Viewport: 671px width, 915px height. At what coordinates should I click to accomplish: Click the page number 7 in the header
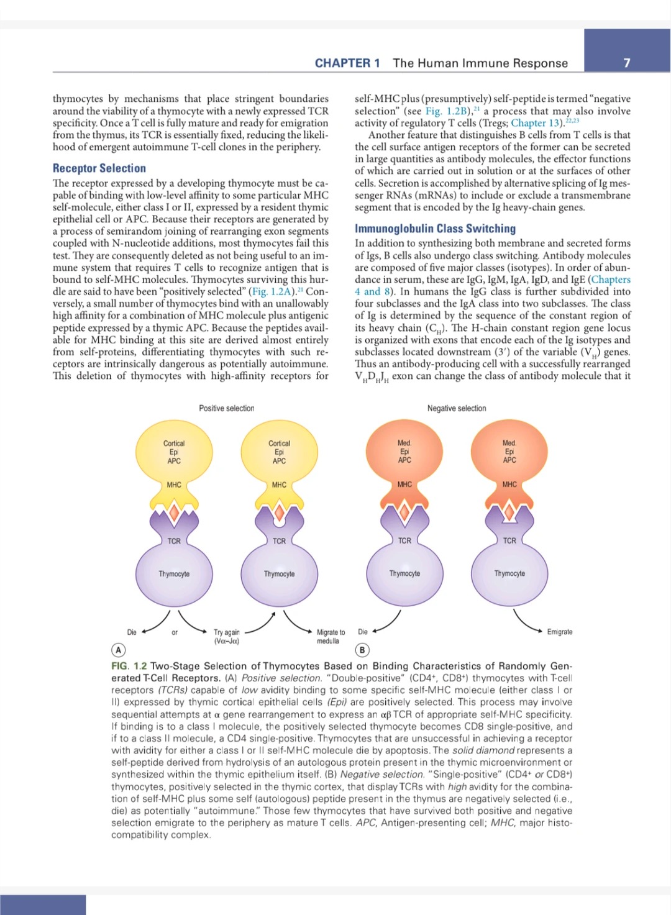[x=627, y=63]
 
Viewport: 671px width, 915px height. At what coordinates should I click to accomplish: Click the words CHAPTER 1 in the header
[x=347, y=63]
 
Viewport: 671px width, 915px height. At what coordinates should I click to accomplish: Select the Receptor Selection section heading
[x=99, y=168]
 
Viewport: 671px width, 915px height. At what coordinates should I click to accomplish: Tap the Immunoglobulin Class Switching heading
[x=435, y=229]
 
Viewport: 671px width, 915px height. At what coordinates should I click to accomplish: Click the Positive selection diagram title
[x=226, y=408]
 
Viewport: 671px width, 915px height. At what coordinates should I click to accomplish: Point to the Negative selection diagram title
[x=457, y=408]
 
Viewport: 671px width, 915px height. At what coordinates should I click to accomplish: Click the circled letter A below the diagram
[x=118, y=650]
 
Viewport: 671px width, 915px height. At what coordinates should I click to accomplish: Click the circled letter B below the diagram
[x=362, y=650]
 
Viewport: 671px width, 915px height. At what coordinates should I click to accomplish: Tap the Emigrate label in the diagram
[x=560, y=632]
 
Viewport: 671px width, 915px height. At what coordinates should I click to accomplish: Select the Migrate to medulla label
[x=330, y=636]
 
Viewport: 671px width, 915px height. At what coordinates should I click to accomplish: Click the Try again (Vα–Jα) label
[x=226, y=636]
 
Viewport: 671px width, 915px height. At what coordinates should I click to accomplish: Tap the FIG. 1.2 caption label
[x=129, y=666]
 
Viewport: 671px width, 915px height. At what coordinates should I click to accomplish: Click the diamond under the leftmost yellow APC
[x=174, y=512]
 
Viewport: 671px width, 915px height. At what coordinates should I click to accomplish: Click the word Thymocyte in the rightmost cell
[x=509, y=573]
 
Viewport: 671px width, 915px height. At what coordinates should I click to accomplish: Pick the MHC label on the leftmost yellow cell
[x=174, y=485]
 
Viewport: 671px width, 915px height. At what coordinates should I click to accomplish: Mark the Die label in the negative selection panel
[x=363, y=632]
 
